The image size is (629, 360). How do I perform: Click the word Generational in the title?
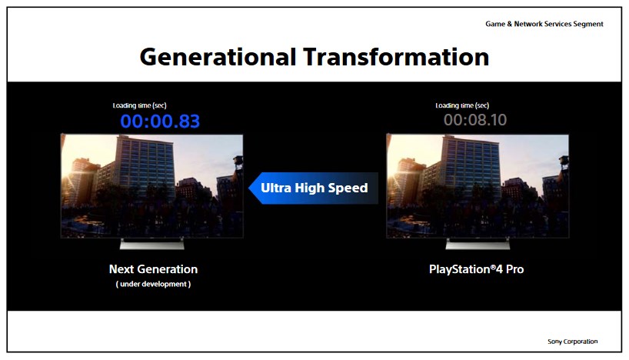tap(218, 57)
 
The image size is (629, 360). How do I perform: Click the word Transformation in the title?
tap(396, 57)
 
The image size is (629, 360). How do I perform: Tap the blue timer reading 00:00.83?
tap(160, 122)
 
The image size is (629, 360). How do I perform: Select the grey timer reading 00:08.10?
tap(475, 120)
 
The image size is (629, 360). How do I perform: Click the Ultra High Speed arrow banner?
tap(313, 188)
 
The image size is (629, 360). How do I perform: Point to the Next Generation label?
tap(153, 269)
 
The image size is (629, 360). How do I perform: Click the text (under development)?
tap(153, 284)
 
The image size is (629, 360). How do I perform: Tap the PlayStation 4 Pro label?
tap(476, 269)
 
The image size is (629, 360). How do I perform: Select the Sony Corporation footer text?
tap(572, 342)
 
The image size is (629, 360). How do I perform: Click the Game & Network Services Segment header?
tap(544, 24)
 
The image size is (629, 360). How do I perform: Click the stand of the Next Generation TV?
tap(152, 244)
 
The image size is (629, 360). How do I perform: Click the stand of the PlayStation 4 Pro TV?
tap(478, 244)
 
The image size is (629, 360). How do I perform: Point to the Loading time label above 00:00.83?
tap(140, 105)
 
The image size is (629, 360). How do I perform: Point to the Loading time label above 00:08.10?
tap(462, 105)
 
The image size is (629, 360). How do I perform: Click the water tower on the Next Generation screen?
tap(238, 162)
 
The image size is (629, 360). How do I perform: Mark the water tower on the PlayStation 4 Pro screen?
tap(564, 162)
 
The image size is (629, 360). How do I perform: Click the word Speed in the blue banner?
tap(348, 188)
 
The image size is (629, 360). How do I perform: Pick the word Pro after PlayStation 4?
tap(514, 269)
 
